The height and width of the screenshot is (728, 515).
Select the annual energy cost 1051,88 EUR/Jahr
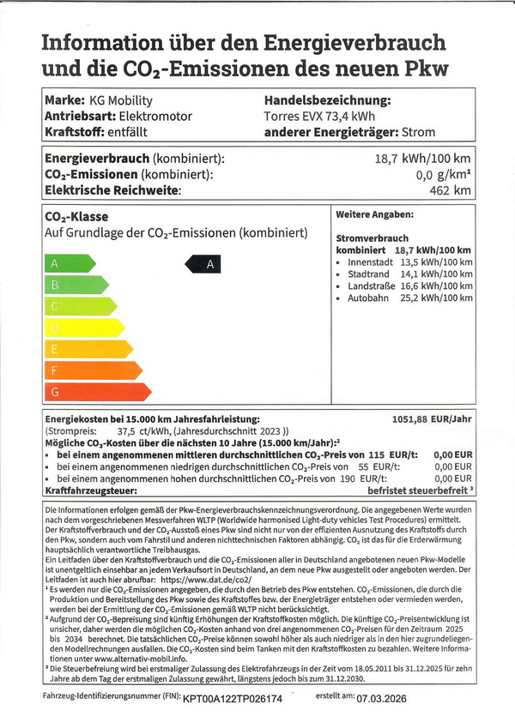(432, 419)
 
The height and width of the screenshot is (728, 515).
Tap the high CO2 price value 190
(347, 478)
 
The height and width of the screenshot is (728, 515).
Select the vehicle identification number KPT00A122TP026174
(233, 700)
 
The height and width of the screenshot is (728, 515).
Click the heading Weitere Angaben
(374, 214)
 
